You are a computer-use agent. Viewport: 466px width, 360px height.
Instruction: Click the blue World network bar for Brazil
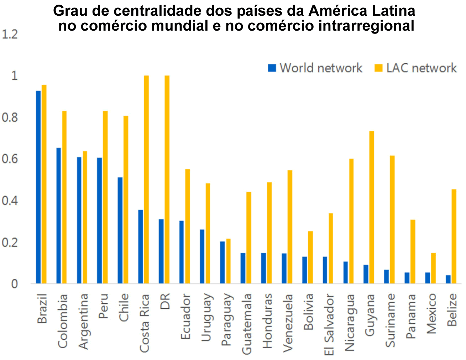[38, 187]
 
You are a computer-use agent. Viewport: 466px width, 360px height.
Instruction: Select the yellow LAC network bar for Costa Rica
[146, 179]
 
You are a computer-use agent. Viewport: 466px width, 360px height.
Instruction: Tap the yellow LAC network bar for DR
[167, 179]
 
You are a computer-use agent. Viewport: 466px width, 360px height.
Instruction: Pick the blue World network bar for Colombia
[59, 215]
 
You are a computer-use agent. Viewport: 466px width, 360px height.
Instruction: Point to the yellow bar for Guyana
[372, 207]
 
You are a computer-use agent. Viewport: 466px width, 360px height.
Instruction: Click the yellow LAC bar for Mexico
[433, 268]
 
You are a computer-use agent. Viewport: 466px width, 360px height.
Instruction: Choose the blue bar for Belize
[448, 279]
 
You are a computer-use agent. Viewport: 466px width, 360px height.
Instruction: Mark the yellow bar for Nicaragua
[351, 221]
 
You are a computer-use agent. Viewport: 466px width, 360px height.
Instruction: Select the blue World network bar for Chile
[120, 230]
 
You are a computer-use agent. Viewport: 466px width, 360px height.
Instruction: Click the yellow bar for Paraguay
[229, 261]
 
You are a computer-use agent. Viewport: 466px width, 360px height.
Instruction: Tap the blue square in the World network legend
[272, 68]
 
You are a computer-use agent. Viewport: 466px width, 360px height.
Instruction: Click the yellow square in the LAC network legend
[378, 68]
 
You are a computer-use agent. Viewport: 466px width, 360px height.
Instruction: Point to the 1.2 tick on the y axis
[10, 35]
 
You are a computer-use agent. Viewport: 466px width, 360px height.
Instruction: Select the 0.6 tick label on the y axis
[10, 159]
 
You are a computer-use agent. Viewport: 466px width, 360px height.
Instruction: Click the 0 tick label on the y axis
[14, 284]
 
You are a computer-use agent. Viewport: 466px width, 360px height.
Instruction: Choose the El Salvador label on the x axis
[329, 325]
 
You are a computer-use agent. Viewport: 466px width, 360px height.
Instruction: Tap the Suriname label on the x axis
[391, 320]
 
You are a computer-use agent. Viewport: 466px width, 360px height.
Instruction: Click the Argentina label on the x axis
[83, 322]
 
